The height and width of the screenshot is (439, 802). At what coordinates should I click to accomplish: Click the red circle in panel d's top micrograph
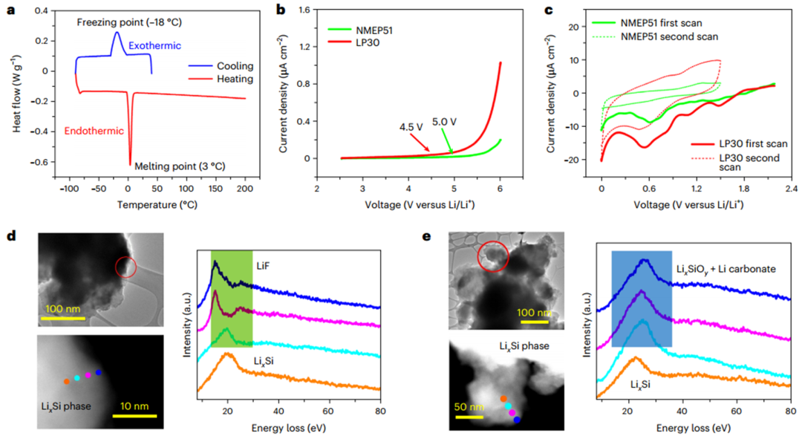point(127,265)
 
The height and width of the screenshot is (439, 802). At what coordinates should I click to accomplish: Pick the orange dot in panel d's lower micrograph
point(66,382)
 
